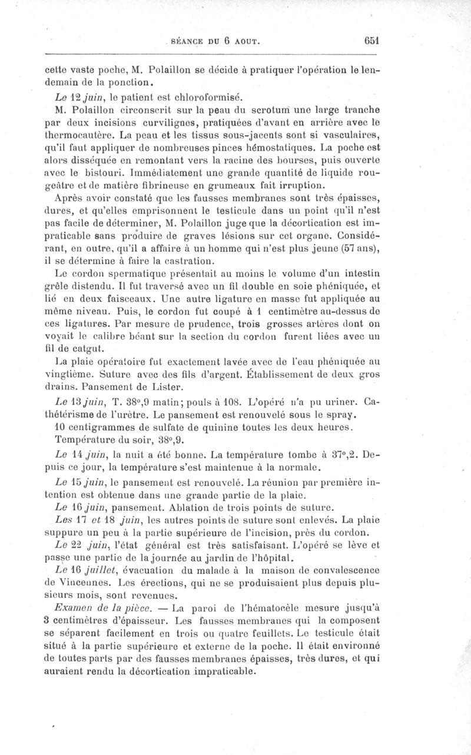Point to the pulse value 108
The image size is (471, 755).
(244, 402)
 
